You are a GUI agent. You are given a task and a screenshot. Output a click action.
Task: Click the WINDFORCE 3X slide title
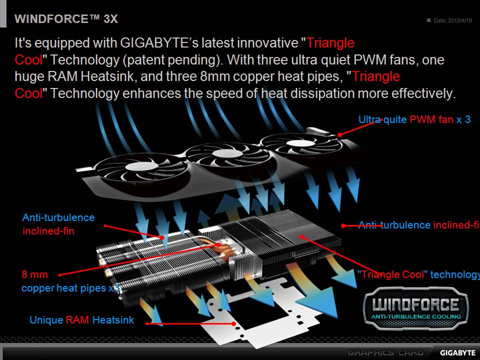coord(66,19)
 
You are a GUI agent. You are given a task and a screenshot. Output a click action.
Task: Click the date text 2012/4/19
coord(459,20)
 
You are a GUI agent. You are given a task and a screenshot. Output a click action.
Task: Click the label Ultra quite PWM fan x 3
coord(414,120)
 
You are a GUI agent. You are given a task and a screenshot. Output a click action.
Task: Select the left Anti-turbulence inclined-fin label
coord(58,224)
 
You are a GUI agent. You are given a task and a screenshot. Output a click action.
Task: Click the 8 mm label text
coord(35,274)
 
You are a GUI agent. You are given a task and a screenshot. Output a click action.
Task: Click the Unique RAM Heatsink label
coord(81,320)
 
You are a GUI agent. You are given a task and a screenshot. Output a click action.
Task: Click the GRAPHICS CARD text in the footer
coord(384,352)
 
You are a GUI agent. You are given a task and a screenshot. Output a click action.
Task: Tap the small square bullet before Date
coord(428,20)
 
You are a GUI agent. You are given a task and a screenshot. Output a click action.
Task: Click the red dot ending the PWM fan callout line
coord(339,134)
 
